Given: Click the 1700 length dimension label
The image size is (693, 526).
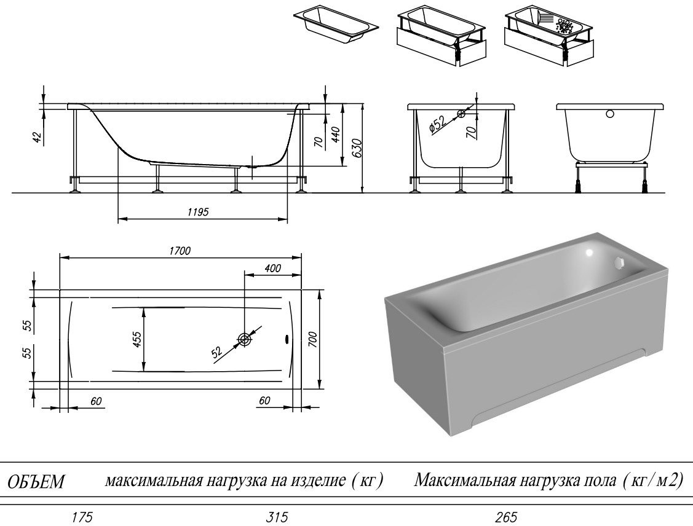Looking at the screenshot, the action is tap(180, 251).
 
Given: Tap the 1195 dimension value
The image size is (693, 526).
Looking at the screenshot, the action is tap(197, 212).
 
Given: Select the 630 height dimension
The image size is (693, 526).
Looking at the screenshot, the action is tap(357, 148).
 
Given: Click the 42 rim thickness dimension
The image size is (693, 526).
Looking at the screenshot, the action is tap(39, 138).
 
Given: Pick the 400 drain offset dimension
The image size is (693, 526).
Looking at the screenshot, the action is tap(272, 268).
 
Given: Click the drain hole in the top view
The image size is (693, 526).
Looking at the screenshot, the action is tap(244, 339).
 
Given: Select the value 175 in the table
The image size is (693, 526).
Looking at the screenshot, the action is tap(82, 517).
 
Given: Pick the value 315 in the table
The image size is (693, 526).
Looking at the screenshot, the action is tap(277, 517).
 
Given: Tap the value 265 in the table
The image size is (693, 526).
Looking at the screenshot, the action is tap(506, 517).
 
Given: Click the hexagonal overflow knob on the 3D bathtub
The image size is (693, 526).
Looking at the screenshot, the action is tap(619, 264).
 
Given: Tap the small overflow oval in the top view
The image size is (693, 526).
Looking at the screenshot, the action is tap(285, 339).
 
